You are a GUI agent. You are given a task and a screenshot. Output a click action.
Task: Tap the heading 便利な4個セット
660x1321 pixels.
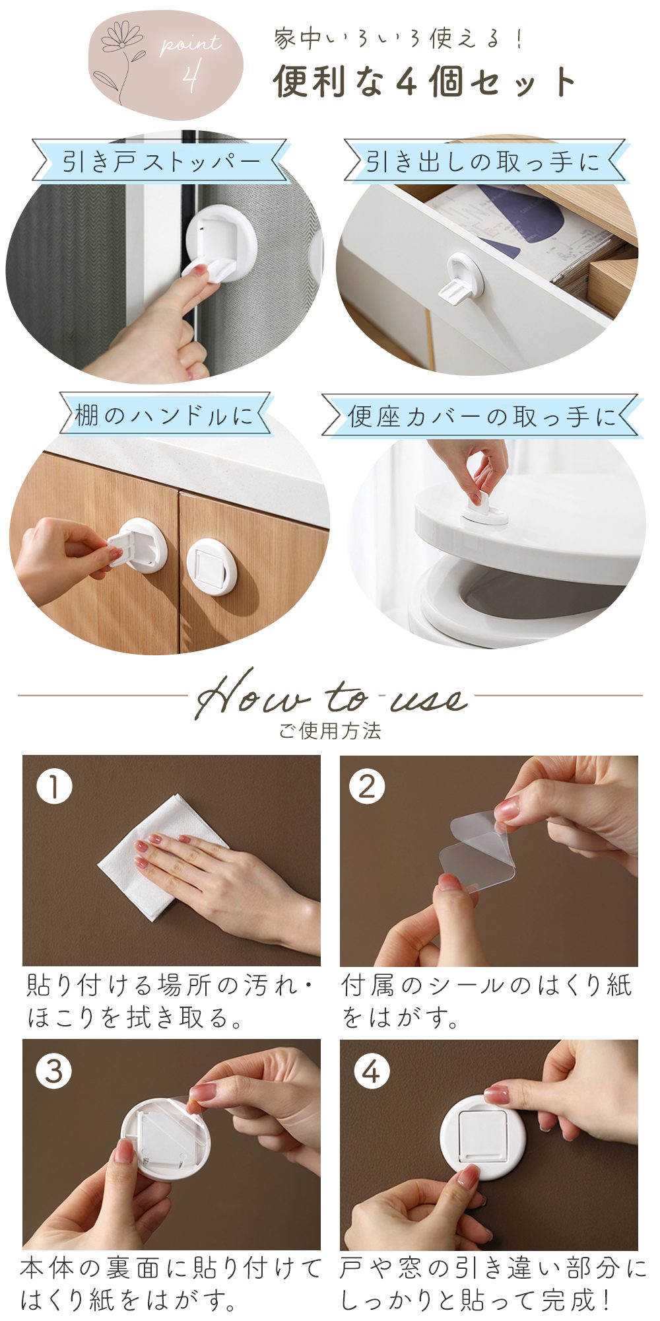click(x=425, y=82)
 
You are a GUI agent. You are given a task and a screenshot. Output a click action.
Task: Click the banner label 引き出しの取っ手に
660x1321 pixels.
click(x=483, y=161)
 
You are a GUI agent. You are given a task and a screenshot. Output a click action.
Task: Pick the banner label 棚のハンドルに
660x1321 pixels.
click(x=164, y=415)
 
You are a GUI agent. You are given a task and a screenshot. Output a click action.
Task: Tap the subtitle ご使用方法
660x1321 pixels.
click(x=330, y=731)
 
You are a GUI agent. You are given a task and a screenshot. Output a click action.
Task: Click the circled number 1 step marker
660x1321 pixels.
click(x=54, y=787)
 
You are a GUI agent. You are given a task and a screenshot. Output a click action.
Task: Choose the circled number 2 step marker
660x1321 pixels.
click(x=368, y=787)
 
